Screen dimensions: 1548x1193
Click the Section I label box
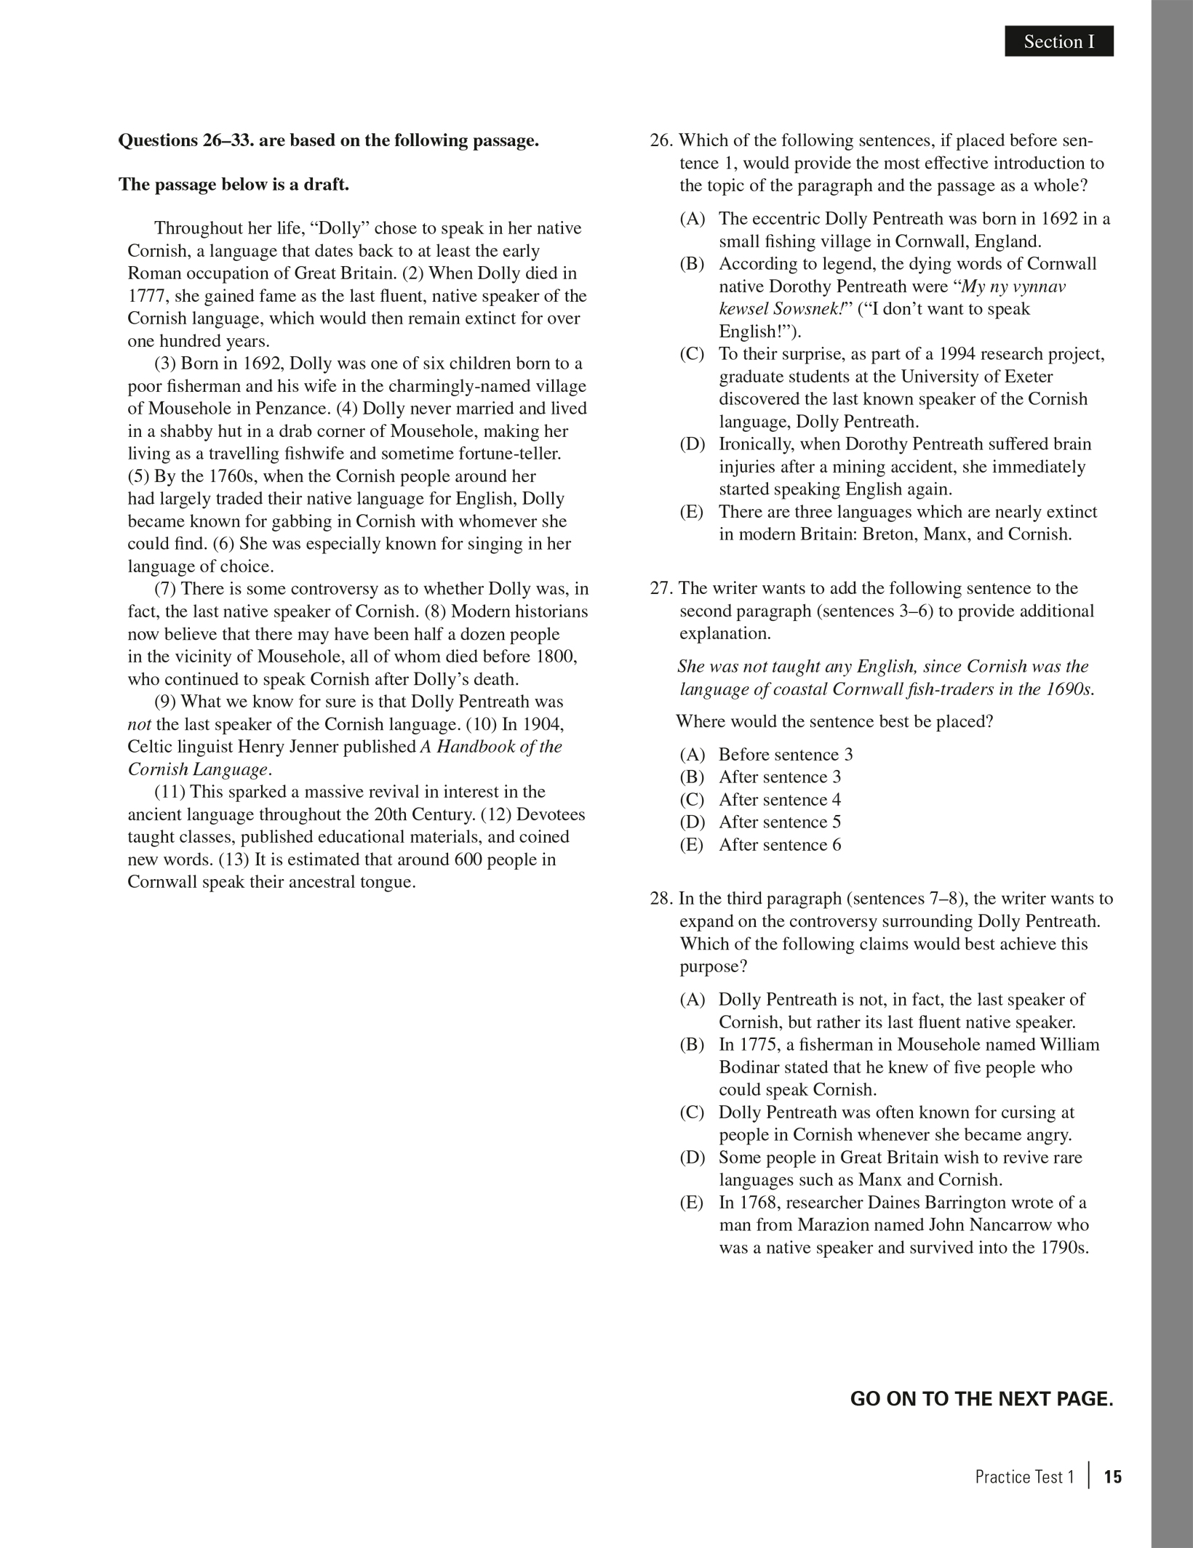[x=1058, y=42]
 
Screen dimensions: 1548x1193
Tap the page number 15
[x=1113, y=1476]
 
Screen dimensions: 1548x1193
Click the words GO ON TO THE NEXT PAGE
[x=981, y=1398]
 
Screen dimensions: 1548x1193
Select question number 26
[x=662, y=140]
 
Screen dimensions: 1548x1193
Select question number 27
[x=662, y=588]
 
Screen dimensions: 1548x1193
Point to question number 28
[x=662, y=899]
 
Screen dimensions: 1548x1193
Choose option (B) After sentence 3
[x=779, y=777]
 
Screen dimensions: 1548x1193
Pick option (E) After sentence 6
[x=779, y=845]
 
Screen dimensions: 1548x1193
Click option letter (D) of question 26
[x=692, y=444]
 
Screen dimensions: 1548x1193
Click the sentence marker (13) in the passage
[x=234, y=859]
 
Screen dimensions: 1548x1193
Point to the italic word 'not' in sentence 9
[x=140, y=725]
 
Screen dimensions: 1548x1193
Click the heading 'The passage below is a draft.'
[x=234, y=185]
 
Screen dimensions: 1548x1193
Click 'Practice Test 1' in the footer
[x=1024, y=1477]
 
